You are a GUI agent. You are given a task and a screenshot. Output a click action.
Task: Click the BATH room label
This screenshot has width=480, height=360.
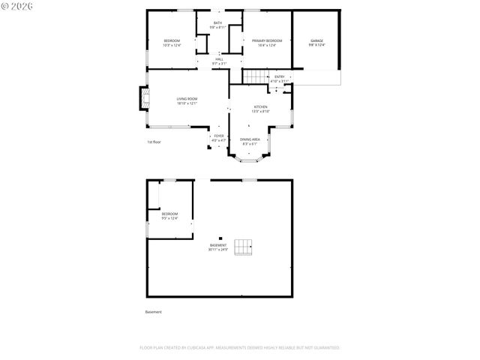tap(217, 23)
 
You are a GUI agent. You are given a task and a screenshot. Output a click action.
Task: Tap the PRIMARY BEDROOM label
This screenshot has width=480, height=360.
tap(266, 40)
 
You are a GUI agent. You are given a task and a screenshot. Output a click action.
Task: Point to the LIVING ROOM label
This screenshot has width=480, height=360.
tap(187, 99)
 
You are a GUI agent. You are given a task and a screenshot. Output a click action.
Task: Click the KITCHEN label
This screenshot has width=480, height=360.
tap(260, 107)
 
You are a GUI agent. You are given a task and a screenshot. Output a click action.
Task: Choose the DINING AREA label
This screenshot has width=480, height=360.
tap(250, 139)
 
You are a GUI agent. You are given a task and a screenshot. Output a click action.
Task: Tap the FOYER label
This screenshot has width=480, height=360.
tap(218, 136)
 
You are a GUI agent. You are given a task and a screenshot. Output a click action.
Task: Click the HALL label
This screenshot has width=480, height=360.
tap(219, 59)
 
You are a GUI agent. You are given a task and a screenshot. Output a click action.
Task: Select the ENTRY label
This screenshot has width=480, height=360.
tap(279, 76)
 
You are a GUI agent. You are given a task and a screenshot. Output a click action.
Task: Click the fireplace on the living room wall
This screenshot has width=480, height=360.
tap(144, 99)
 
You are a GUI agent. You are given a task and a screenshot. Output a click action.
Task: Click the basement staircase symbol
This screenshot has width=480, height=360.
tap(243, 247)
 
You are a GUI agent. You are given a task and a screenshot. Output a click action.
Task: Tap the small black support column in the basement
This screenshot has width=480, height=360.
tap(220, 238)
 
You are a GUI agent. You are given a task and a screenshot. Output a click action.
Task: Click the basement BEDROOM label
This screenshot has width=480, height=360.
tap(169, 214)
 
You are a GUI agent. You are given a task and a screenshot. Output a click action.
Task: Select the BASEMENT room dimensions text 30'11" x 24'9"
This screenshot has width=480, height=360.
tap(218, 250)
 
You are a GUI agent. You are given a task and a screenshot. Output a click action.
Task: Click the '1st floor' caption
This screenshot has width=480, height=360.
tap(154, 141)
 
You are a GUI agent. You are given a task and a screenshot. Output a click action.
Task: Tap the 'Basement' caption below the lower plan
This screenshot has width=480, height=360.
tap(153, 312)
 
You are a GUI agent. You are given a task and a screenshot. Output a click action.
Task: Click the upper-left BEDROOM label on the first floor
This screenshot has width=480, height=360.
tap(172, 40)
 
